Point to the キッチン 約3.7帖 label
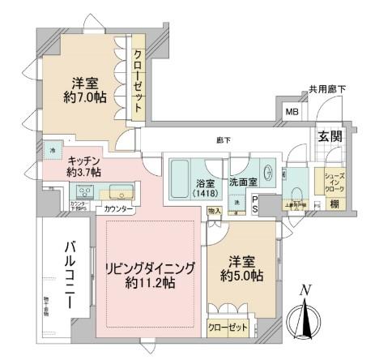pyautogui.click(x=84, y=166)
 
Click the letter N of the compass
pyautogui.click(x=305, y=291)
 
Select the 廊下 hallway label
pyautogui.click(x=224, y=141)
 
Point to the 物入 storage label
pyautogui.click(x=214, y=211)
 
